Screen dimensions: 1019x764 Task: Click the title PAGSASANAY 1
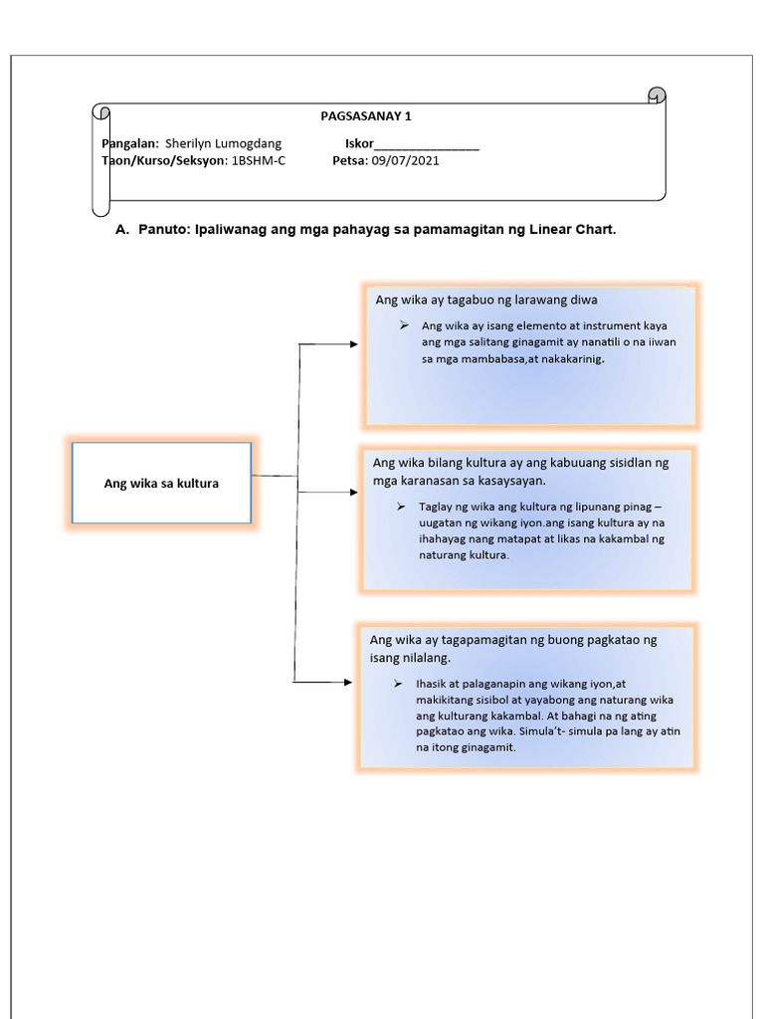(x=365, y=115)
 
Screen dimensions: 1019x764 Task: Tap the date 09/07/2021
(x=405, y=161)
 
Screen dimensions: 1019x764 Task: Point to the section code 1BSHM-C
(x=259, y=161)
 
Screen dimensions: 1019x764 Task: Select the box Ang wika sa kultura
(x=162, y=484)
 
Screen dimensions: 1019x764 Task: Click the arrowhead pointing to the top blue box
(x=353, y=344)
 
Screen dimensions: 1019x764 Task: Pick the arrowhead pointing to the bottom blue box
(x=347, y=683)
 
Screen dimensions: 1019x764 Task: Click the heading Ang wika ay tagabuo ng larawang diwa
(x=486, y=299)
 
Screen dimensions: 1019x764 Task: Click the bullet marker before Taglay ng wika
(x=400, y=507)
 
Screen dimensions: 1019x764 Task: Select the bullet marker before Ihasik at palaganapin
(x=397, y=684)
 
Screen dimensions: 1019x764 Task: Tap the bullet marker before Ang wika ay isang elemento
(x=404, y=325)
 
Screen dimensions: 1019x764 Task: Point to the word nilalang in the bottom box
(x=425, y=658)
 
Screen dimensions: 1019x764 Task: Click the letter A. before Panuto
(x=122, y=230)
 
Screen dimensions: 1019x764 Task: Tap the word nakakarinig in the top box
(x=569, y=359)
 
